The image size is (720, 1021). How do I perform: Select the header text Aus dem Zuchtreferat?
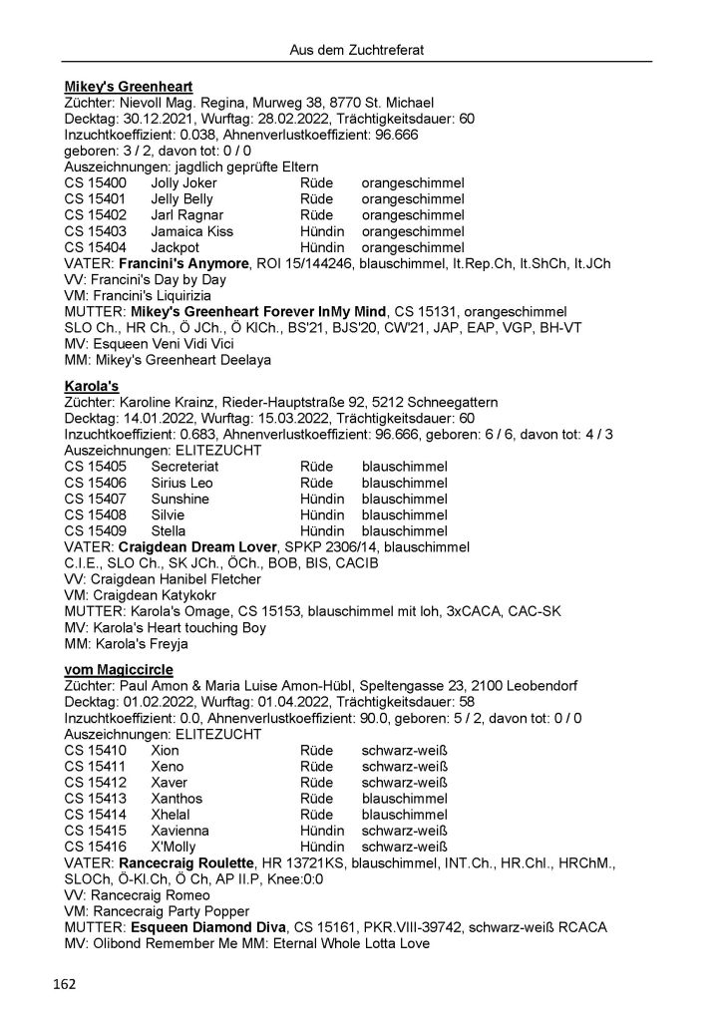tap(359, 48)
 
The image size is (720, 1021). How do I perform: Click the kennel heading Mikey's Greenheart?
tap(129, 87)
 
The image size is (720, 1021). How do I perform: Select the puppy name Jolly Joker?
tap(183, 183)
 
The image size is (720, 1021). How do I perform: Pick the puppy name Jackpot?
tap(177, 247)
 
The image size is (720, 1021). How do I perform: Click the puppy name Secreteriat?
tap(187, 466)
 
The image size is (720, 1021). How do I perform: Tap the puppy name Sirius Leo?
tap(182, 482)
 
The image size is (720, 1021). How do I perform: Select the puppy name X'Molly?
tap(175, 846)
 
